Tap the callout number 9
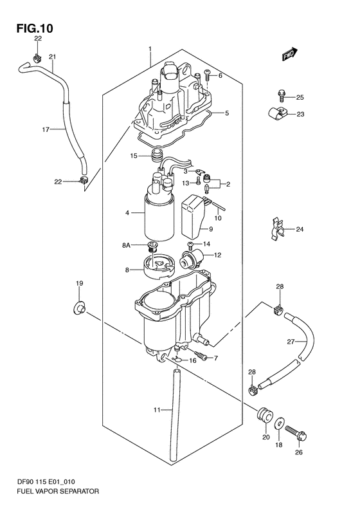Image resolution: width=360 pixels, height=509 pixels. point(210,228)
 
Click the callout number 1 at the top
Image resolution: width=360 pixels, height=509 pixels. point(149,49)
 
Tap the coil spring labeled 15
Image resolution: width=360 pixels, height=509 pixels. point(156,156)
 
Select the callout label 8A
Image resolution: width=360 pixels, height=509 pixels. point(125,245)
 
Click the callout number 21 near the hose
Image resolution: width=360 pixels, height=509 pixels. point(52,56)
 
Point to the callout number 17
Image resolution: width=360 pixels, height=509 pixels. point(46,129)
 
